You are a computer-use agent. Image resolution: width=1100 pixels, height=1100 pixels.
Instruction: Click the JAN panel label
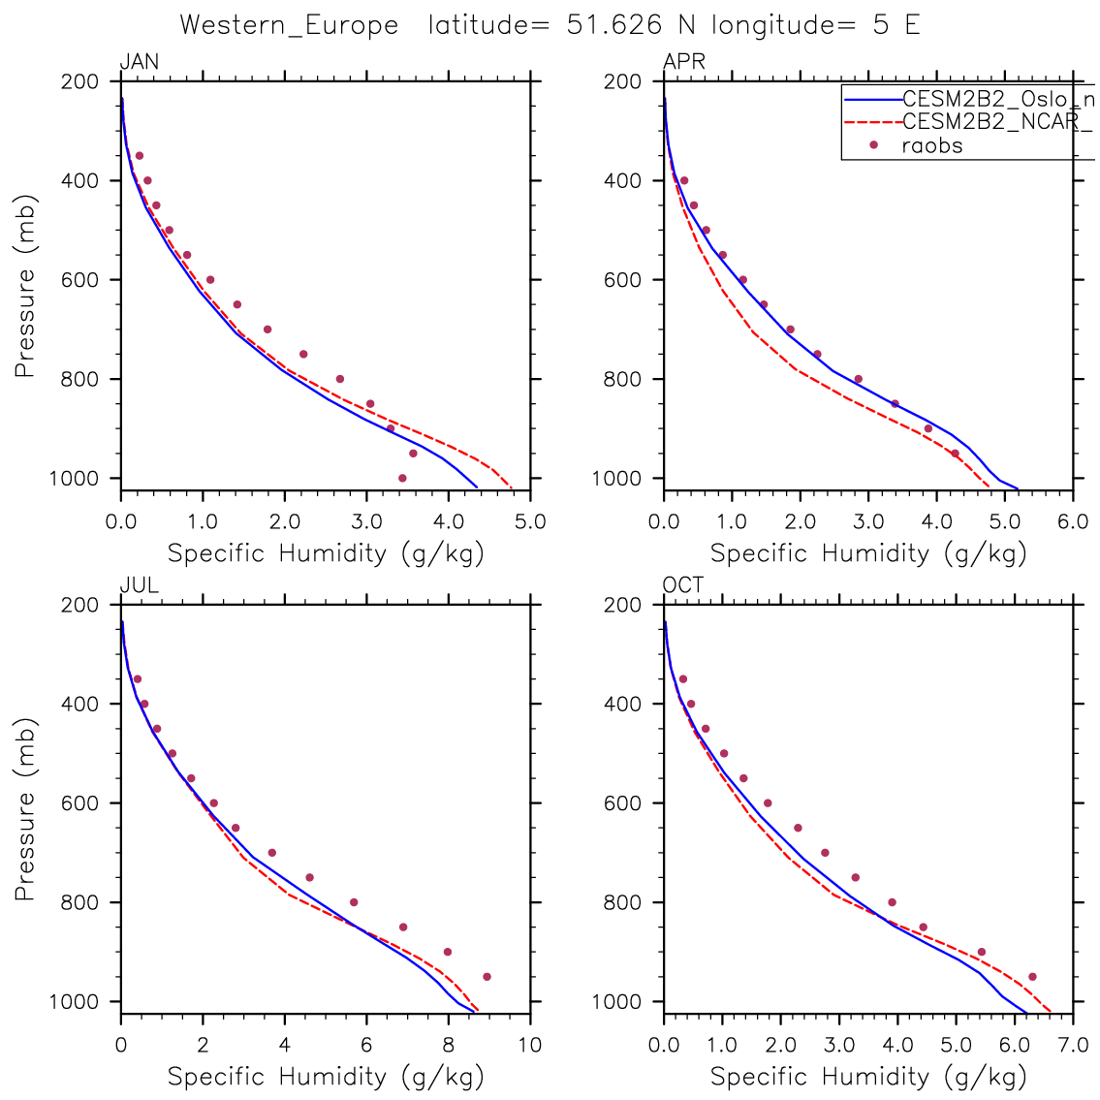click(139, 63)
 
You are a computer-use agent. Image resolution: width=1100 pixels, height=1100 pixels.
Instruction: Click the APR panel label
click(683, 63)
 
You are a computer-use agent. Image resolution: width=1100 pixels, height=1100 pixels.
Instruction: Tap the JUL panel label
click(139, 585)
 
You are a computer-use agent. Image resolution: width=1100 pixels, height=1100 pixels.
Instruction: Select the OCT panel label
click(683, 585)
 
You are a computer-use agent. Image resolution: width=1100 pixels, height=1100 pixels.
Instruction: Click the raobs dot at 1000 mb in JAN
click(402, 478)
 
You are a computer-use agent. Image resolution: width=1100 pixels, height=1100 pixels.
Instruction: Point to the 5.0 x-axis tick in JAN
click(529, 522)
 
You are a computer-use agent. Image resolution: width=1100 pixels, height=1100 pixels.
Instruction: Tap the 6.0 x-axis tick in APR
click(1073, 522)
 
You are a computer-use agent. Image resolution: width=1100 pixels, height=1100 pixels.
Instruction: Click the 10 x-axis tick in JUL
click(529, 1046)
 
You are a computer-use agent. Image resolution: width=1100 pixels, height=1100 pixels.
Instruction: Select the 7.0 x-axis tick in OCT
click(1073, 1046)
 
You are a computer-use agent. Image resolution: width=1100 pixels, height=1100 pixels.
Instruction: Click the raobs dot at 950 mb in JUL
click(487, 977)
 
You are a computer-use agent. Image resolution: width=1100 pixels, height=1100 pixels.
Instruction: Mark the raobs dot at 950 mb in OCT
click(1032, 977)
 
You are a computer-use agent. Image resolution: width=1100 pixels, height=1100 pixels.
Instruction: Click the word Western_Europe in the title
click(289, 25)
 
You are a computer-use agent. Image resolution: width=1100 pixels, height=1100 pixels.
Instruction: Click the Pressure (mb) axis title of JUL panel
click(25, 809)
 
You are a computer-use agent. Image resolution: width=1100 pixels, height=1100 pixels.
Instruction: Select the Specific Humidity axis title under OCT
click(868, 1077)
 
